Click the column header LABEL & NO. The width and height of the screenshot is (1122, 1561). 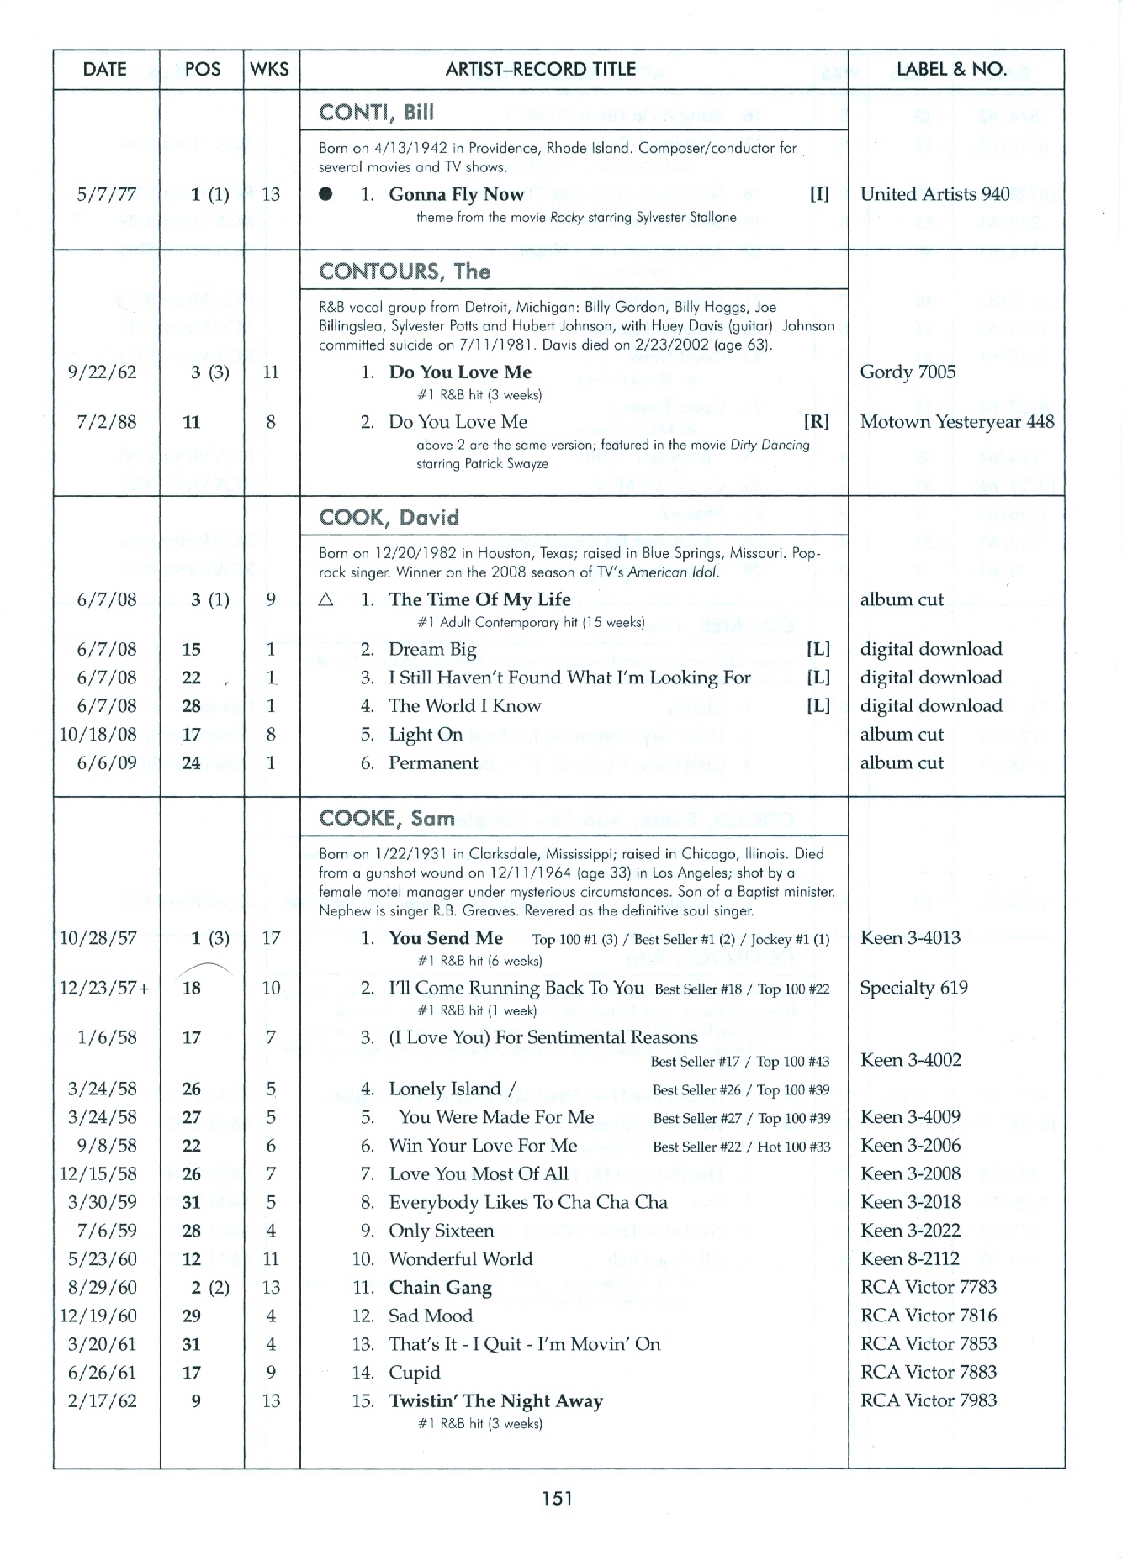pos(951,69)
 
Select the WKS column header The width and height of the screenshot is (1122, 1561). pos(270,69)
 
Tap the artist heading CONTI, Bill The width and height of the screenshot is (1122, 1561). pos(376,113)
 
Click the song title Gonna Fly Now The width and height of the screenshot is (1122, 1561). pos(456,194)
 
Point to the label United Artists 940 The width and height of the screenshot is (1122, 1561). pos(934,194)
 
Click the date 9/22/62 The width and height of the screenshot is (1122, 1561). pos(106,372)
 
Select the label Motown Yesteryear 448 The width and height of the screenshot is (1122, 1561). pos(956,421)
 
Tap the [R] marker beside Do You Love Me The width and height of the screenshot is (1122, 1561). pos(817,421)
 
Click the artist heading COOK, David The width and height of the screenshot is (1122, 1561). pos(389,517)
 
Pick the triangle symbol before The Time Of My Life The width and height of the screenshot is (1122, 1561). pos(326,599)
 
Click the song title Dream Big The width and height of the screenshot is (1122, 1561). pos(432,649)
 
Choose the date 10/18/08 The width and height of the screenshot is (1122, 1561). pos(98,734)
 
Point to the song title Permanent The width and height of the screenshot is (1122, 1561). pos(433,762)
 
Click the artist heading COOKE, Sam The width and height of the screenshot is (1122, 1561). pos(386,818)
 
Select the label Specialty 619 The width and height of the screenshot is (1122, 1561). pos(913,988)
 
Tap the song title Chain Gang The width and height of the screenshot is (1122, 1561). pos(440,1287)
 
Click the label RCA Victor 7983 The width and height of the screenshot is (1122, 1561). pos(928,1400)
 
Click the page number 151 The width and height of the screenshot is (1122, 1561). pos(557,1497)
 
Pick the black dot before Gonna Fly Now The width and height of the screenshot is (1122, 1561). pos(326,194)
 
